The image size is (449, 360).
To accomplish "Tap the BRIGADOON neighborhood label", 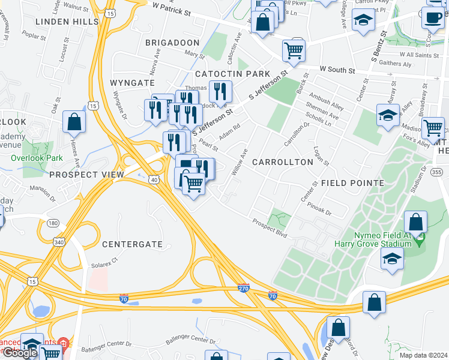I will [x=172, y=43].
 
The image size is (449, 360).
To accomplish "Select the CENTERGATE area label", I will [x=132, y=244].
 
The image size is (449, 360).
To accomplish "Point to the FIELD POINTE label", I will [x=352, y=182].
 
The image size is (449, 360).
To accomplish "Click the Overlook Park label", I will [x=37, y=158].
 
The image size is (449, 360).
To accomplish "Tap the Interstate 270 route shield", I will [x=243, y=288].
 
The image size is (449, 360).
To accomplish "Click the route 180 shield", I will [x=53, y=223].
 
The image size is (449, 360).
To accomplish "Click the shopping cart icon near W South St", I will [x=294, y=51].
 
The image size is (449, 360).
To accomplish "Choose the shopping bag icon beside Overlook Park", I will [x=74, y=122].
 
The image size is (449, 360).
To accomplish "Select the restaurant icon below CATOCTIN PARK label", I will [x=220, y=91].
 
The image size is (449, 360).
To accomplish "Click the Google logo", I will [x=19, y=353].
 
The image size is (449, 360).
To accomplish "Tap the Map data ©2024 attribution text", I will [x=423, y=355].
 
